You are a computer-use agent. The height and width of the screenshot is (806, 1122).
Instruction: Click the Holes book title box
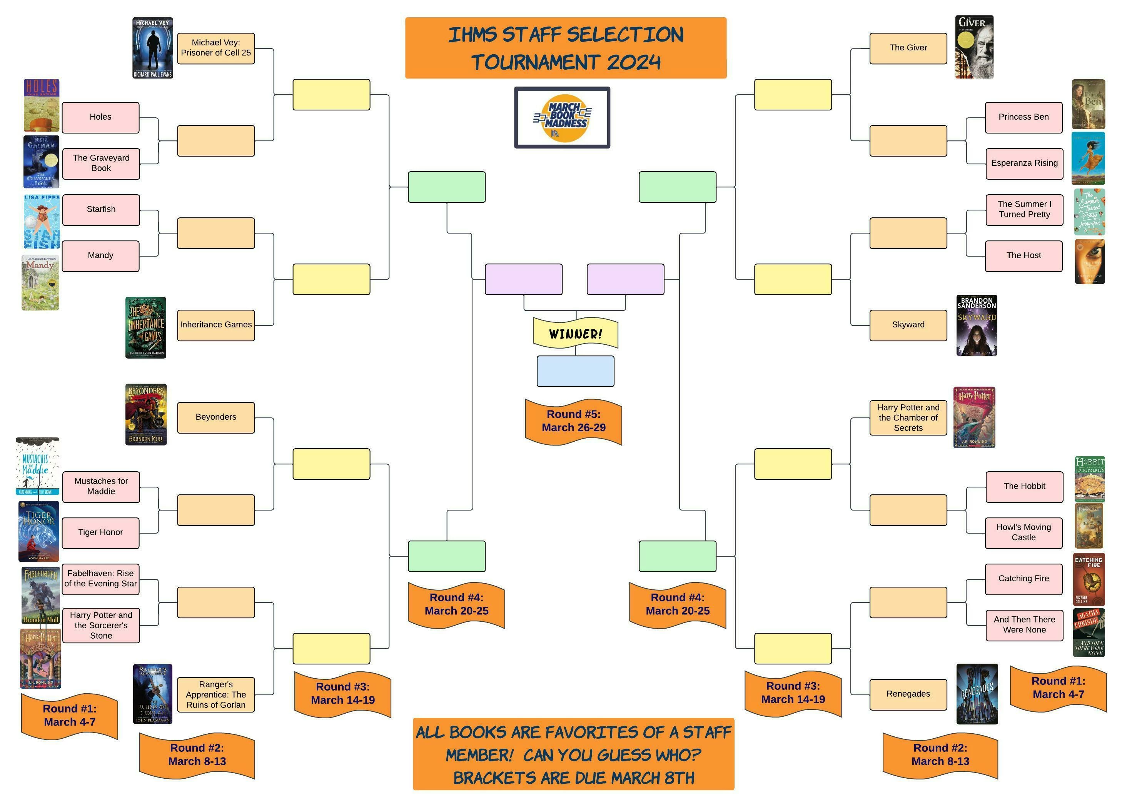[x=100, y=118]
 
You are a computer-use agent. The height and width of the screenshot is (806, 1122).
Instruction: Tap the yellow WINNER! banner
[x=575, y=334]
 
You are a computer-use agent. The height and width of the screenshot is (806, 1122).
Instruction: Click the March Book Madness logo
[x=562, y=118]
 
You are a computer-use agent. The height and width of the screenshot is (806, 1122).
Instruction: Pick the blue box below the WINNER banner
[x=575, y=371]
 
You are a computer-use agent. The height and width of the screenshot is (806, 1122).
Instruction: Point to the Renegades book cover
[x=977, y=694]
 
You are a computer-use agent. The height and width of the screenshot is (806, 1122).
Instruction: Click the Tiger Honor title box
[x=100, y=533]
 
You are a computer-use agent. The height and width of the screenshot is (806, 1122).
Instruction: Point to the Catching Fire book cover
[x=1089, y=579]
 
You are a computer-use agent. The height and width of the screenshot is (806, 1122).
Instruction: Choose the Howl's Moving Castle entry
[x=1023, y=533]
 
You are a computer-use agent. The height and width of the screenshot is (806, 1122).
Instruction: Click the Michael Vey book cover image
[x=152, y=48]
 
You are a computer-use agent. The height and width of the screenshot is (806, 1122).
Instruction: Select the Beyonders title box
[x=216, y=417]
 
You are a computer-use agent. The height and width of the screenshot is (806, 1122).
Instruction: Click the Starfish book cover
[x=42, y=221]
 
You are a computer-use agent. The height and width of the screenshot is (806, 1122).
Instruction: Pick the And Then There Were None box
[x=1024, y=626]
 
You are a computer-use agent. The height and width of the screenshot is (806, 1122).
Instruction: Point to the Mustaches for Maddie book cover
[x=38, y=467]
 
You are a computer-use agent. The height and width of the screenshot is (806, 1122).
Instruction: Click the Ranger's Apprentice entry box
[x=216, y=695]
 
